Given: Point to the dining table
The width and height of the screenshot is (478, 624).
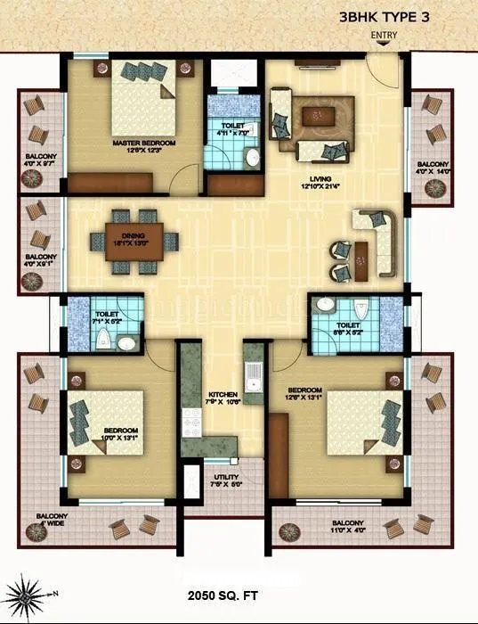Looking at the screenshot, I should (134, 240).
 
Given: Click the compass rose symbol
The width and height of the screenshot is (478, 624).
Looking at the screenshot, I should (27, 593).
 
